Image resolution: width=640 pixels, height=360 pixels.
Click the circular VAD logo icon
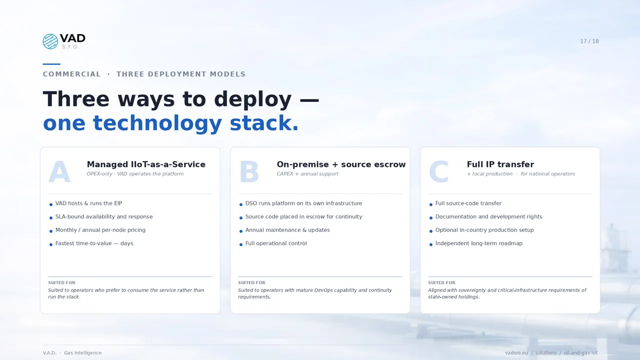coord(50,41)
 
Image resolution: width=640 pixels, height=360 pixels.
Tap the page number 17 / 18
coord(589,41)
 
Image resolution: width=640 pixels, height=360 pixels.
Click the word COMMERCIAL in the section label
coord(71,74)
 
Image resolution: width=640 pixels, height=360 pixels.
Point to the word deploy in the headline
coord(252,99)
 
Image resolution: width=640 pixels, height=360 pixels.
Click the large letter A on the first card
coord(59,171)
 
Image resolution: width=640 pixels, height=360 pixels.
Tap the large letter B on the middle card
coord(249,171)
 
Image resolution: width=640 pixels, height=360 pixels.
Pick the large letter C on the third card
coord(438,171)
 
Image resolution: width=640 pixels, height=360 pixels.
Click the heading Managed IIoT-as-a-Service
coord(146,164)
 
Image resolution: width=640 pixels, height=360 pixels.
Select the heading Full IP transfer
coord(500,164)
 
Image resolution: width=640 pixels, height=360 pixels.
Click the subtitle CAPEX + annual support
coord(307,173)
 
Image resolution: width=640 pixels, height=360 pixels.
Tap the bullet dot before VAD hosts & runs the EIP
coord(51,204)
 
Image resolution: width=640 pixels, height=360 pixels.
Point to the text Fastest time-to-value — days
coord(94,243)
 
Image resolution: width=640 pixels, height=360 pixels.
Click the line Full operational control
coord(276,243)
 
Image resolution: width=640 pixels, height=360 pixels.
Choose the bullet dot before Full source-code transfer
coord(431,204)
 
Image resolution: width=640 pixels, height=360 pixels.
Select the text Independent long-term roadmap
coord(479,243)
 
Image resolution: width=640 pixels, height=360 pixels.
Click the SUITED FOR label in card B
coord(251,282)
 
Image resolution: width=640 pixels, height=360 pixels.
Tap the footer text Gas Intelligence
coord(83,353)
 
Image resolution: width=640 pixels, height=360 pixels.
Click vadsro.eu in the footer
coord(516,353)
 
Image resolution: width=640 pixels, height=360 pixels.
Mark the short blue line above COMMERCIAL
coord(51,64)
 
